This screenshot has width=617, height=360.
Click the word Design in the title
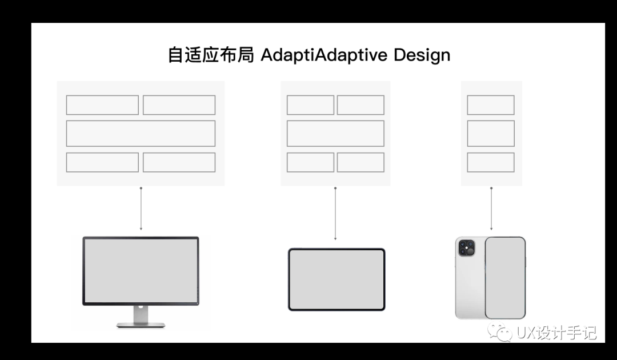click(x=422, y=55)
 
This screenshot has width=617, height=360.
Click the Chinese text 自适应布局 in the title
click(x=210, y=55)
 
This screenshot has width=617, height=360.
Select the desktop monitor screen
click(x=141, y=270)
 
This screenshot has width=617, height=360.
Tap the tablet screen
click(x=336, y=279)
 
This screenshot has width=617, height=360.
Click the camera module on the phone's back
click(x=467, y=248)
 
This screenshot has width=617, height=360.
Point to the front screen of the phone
click(x=504, y=278)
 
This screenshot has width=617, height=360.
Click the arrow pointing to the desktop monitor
click(x=141, y=209)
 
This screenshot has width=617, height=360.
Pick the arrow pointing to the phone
click(x=491, y=209)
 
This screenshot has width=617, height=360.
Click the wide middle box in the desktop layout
click(x=141, y=133)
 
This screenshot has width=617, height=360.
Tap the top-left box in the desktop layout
click(x=102, y=105)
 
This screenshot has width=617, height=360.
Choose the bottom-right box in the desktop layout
click(x=179, y=162)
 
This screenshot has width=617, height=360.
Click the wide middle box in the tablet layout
click(x=335, y=133)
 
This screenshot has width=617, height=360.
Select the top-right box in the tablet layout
click(x=360, y=105)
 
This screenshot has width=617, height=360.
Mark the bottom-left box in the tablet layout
click(x=310, y=162)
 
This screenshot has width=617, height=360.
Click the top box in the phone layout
click(x=491, y=105)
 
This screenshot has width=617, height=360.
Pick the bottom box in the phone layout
click(x=491, y=162)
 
